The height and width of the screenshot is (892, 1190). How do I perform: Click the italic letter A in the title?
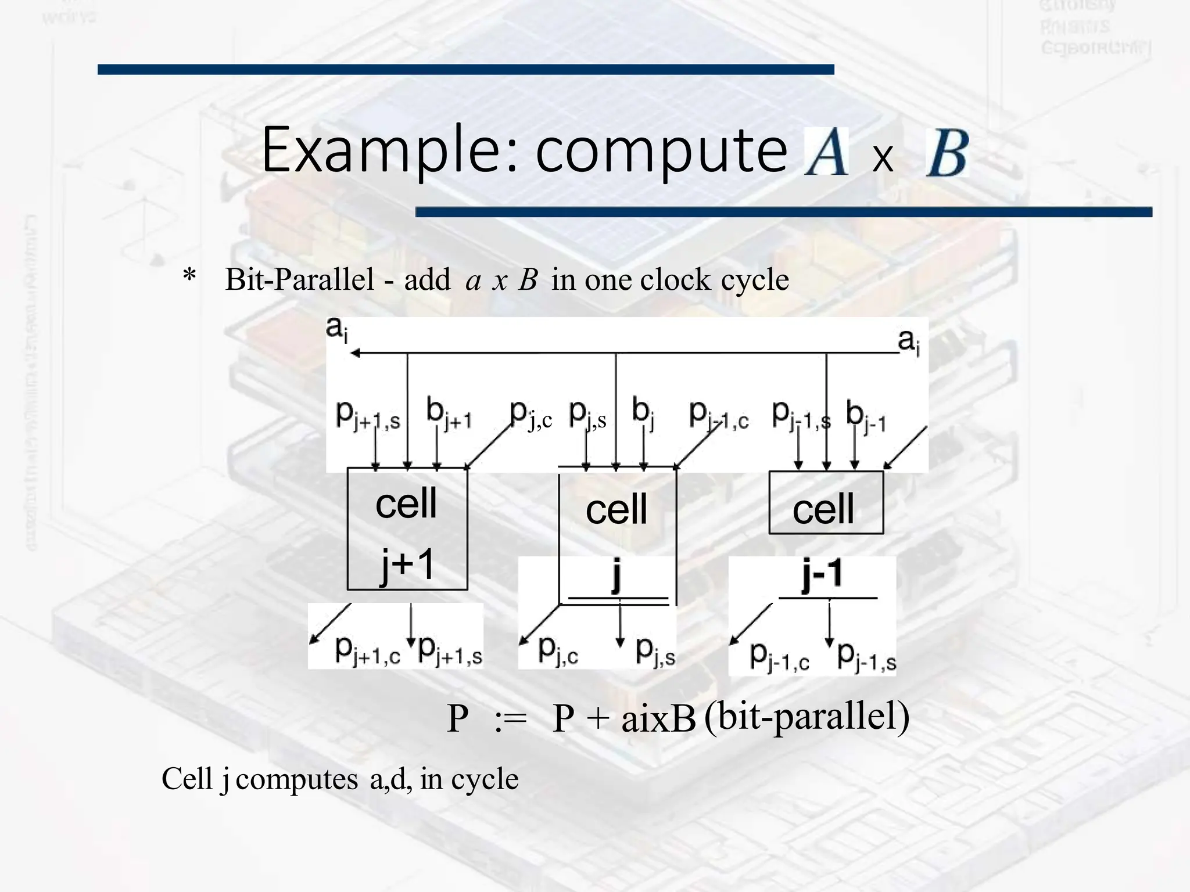pyautogui.click(x=826, y=152)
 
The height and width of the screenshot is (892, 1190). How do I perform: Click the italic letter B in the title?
pyautogui.click(x=947, y=152)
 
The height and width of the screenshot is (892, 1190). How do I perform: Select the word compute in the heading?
pyautogui.click(x=661, y=152)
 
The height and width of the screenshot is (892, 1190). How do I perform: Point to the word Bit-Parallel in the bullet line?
pyautogui.click(x=299, y=279)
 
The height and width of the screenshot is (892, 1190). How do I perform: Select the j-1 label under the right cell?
pyautogui.click(x=822, y=574)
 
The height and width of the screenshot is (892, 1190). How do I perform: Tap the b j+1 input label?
pyautogui.click(x=448, y=413)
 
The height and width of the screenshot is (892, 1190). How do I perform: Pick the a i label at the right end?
pyautogui.click(x=909, y=341)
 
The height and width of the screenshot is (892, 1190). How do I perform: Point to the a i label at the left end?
pyautogui.click(x=337, y=329)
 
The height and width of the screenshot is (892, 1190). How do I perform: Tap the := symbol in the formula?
pyautogui.click(x=510, y=720)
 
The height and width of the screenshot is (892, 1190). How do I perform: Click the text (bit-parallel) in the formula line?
pyautogui.click(x=807, y=717)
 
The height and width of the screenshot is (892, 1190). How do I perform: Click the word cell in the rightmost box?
pyautogui.click(x=823, y=509)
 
